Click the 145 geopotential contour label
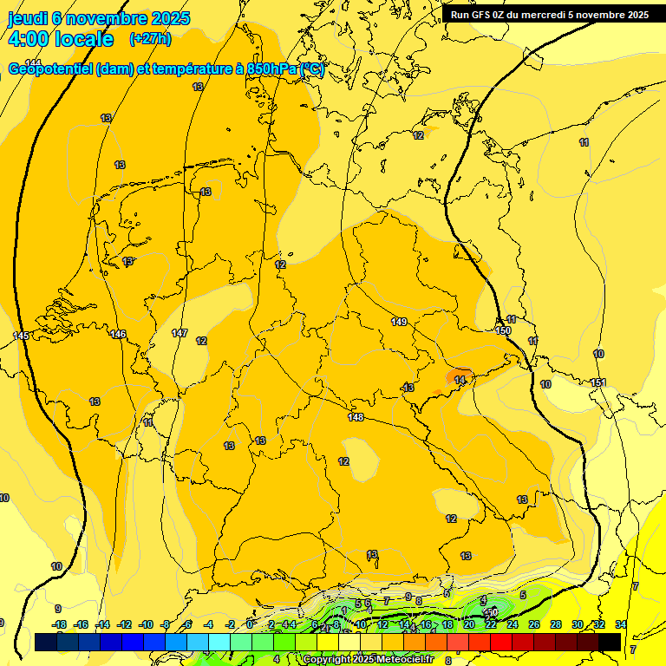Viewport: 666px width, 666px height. click(22, 336)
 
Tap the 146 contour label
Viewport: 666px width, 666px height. click(118, 334)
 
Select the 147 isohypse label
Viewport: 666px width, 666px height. click(180, 333)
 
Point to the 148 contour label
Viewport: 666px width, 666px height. click(356, 418)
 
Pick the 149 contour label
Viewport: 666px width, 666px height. click(399, 322)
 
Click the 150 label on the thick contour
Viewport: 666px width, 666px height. click(504, 330)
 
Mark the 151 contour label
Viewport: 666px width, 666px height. click(597, 382)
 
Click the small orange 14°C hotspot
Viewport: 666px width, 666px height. click(460, 379)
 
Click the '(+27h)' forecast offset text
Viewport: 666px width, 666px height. click(150, 39)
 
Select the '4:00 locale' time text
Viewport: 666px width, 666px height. click(61, 39)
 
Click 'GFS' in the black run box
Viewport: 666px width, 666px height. click(486, 15)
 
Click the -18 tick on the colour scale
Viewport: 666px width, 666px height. click(59, 624)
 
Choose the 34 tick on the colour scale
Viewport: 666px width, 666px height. click(621, 624)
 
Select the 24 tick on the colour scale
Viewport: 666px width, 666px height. click(513, 624)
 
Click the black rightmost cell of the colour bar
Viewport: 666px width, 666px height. click(610, 642)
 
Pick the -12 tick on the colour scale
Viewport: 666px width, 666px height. click(124, 624)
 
